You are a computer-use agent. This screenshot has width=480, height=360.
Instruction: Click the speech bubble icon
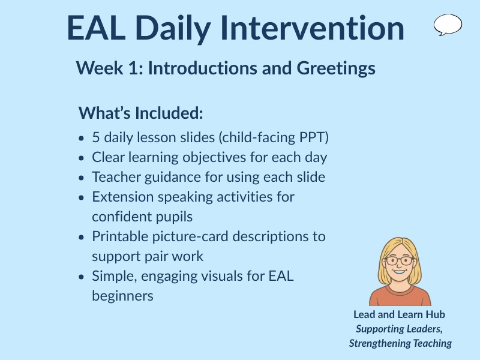click(448, 25)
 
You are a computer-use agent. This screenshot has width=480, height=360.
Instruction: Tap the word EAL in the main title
click(96, 28)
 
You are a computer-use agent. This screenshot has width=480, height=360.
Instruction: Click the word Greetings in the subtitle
click(336, 68)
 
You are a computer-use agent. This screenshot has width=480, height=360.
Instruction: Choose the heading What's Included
click(141, 113)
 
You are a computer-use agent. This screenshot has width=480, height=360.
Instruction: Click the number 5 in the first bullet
click(96, 137)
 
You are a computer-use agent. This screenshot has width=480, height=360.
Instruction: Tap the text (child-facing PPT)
click(274, 137)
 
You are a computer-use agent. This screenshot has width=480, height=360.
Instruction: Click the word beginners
click(122, 296)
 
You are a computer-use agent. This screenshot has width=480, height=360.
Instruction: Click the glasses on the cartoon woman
click(400, 261)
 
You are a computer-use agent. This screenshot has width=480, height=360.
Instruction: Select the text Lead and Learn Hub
click(399, 314)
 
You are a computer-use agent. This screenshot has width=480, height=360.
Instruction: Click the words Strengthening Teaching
click(400, 343)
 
